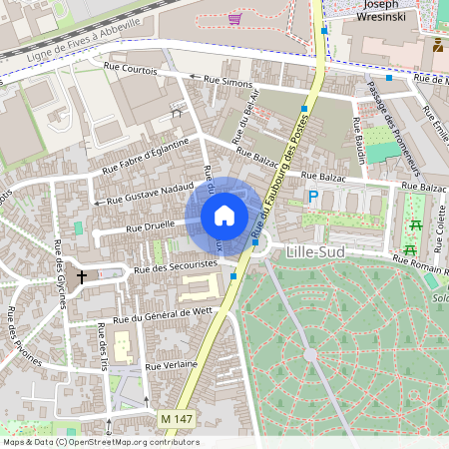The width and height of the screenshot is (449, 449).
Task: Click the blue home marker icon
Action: tap(224, 215)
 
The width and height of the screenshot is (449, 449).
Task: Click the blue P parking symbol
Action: tap(312, 198)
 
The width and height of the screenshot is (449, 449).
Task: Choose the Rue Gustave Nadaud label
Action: tap(147, 190)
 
